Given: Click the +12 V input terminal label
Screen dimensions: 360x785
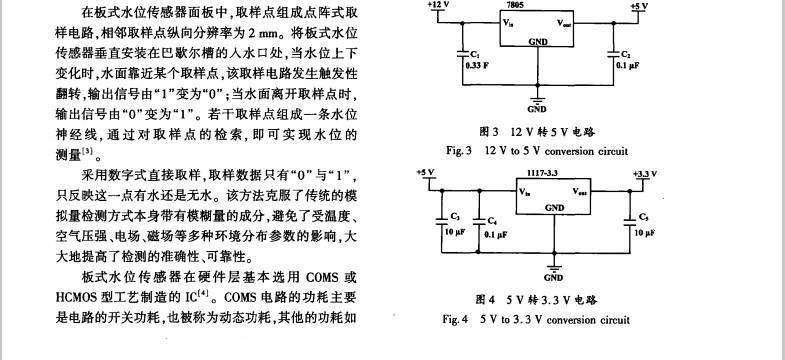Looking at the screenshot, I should [x=438, y=5].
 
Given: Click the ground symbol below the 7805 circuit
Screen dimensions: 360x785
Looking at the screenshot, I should [x=538, y=98].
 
